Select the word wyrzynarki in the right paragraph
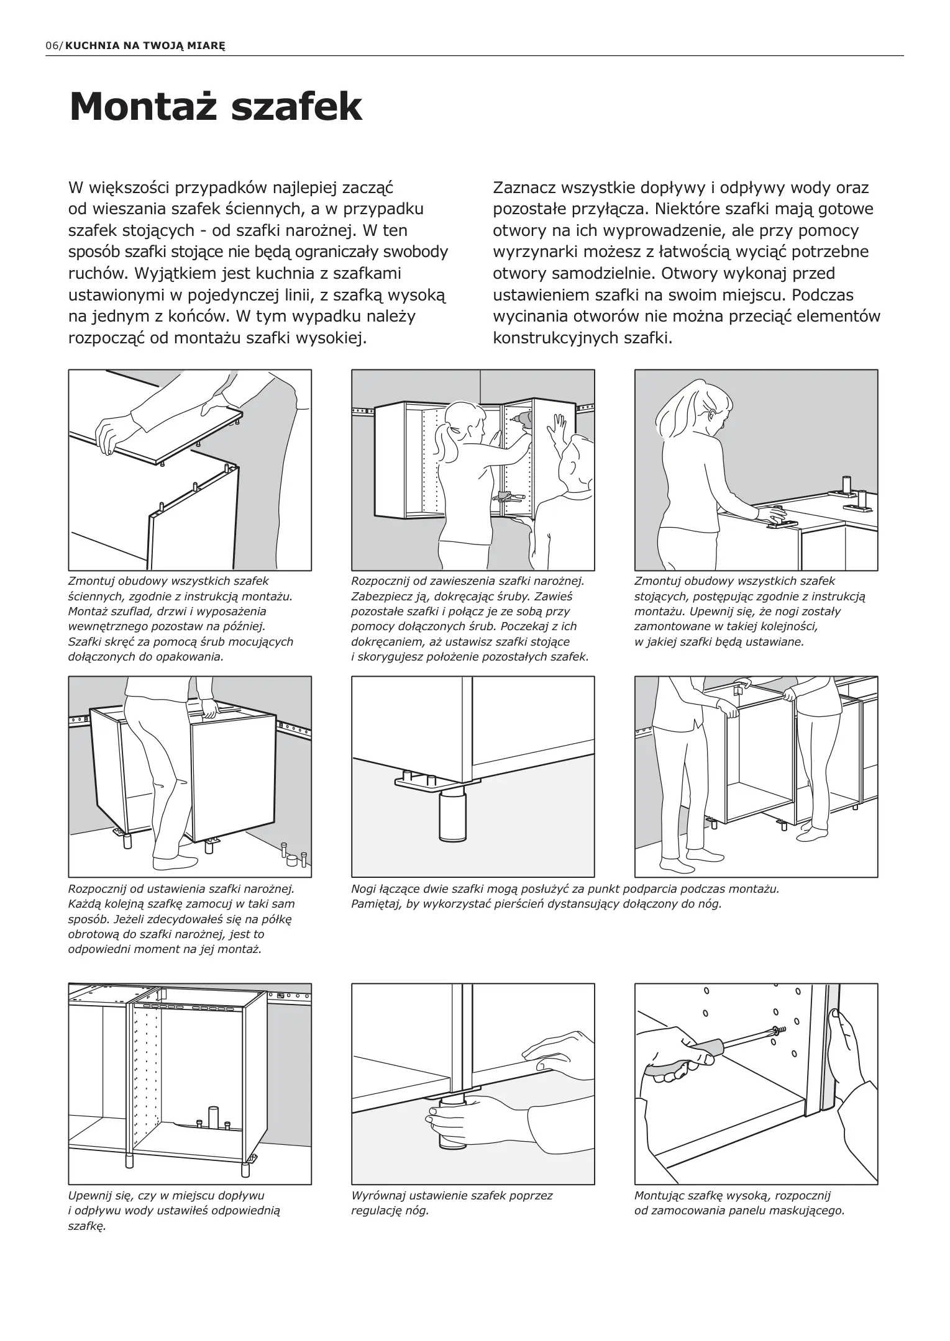(536, 252)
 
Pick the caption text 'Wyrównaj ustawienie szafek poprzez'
(452, 1195)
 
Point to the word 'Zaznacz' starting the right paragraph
(523, 187)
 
